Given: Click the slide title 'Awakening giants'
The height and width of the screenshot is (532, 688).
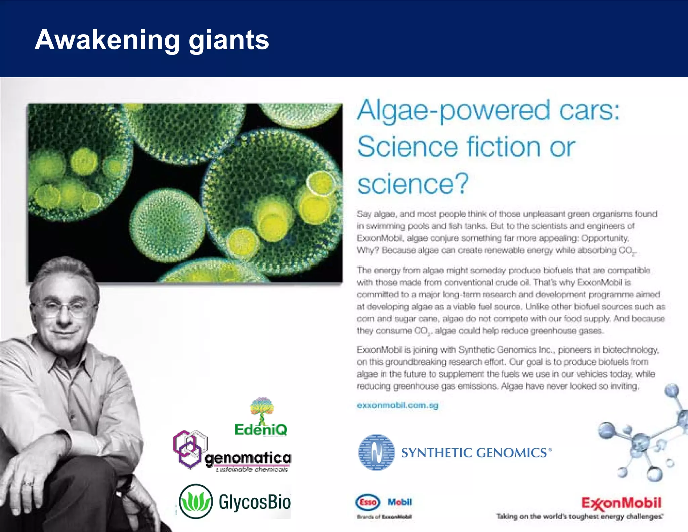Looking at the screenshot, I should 152,40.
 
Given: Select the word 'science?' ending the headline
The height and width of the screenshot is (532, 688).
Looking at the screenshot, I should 413,184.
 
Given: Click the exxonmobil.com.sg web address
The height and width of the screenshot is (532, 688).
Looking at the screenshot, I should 398,405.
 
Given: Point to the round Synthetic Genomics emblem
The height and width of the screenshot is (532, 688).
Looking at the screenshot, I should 376,452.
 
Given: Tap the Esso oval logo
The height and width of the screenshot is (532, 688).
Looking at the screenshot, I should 368,502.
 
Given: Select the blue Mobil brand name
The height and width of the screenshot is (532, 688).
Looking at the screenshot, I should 400,502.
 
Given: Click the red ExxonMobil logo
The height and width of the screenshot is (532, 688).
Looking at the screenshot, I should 621,503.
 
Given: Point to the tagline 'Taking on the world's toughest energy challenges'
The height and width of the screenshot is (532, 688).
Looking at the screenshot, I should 579,517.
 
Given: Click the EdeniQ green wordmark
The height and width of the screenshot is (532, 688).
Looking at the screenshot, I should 261,429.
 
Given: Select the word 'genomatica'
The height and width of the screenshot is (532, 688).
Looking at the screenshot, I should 248,458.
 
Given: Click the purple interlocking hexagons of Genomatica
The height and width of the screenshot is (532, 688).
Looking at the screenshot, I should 189,449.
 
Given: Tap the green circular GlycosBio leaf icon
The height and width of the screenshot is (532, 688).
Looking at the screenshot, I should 196,501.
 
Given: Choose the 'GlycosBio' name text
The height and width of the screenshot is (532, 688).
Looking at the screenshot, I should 255,502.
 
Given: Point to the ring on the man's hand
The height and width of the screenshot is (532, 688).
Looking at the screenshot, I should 28,483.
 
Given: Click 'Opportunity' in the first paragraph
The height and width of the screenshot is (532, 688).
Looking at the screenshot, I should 605,238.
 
